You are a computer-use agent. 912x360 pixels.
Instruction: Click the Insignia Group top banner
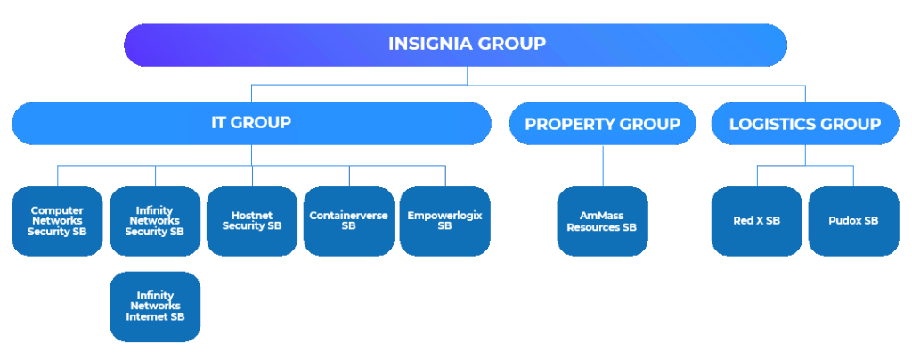click(455, 44)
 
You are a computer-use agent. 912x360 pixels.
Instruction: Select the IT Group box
click(251, 123)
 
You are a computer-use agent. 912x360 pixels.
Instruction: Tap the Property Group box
click(602, 124)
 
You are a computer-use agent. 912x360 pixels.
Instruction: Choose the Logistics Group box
click(805, 124)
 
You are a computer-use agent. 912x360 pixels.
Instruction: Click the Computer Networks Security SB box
click(56, 220)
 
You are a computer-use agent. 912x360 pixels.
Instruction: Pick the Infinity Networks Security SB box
click(155, 220)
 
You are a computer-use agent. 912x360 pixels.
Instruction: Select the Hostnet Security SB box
click(251, 220)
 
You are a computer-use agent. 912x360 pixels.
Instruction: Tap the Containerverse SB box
click(348, 220)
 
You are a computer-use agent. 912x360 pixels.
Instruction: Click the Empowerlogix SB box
click(444, 220)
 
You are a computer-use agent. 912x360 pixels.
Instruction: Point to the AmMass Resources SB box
click(602, 220)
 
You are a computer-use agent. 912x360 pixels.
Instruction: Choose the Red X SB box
click(757, 220)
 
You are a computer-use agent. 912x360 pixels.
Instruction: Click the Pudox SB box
click(853, 220)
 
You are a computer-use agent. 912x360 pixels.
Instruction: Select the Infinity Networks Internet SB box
click(155, 306)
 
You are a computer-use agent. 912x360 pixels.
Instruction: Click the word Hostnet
click(251, 215)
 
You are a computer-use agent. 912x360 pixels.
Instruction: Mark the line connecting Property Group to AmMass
click(603, 165)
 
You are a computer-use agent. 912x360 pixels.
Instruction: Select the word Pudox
click(844, 220)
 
